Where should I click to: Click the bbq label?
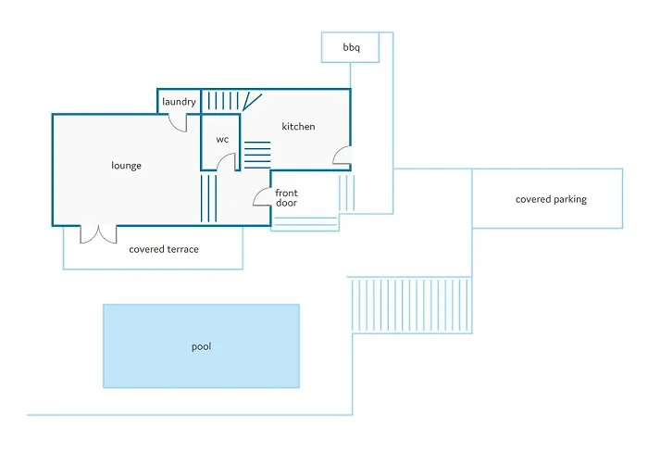(x=351, y=46)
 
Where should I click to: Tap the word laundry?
(x=178, y=101)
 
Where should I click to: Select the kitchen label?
(x=298, y=127)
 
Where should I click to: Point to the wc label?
(x=222, y=140)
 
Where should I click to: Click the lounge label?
(x=126, y=166)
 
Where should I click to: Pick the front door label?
(x=286, y=197)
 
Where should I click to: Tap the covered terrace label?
(x=164, y=249)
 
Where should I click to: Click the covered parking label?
(x=551, y=199)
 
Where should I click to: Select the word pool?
(x=201, y=347)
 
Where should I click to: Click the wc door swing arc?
(x=225, y=162)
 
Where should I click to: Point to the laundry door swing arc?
(x=177, y=121)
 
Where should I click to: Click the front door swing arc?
(x=261, y=198)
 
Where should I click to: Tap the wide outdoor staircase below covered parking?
(x=410, y=305)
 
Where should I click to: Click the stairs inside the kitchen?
(x=257, y=154)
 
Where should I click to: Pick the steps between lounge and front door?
(x=208, y=197)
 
